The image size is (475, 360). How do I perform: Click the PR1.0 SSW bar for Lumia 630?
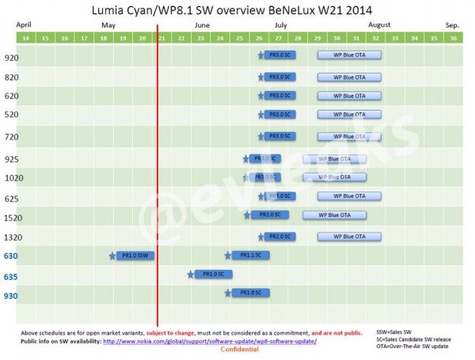(x=135, y=255)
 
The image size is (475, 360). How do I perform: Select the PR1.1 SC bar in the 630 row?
(x=251, y=255)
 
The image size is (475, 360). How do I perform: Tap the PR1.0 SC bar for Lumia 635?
(x=213, y=274)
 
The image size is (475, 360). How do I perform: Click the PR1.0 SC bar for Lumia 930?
(x=251, y=293)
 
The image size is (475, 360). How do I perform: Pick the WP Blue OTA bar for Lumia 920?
(x=349, y=55)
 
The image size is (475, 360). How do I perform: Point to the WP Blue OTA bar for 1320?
(x=349, y=236)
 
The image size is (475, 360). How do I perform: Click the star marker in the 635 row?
(x=191, y=275)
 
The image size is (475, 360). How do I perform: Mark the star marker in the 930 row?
(x=229, y=293)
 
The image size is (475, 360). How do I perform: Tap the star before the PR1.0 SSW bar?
(x=112, y=255)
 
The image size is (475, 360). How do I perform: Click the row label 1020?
(x=13, y=178)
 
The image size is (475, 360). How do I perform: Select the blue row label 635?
(x=12, y=276)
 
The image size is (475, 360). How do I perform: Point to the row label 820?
(x=12, y=77)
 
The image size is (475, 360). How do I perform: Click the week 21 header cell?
(x=161, y=38)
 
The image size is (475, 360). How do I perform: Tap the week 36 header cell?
(x=453, y=38)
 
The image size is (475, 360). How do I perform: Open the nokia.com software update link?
(x=210, y=341)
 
